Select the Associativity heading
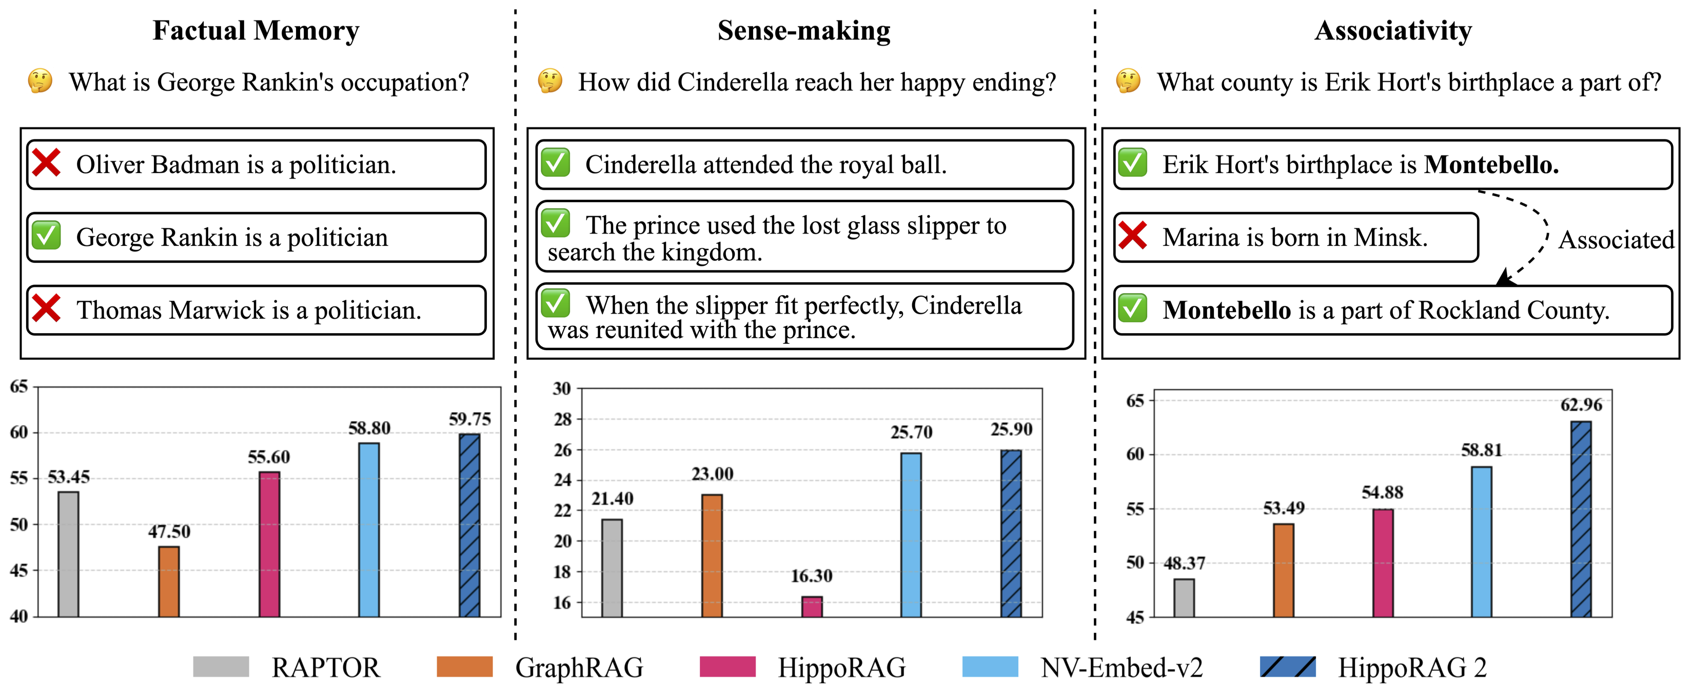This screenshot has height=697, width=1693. point(1393,30)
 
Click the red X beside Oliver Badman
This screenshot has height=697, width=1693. point(47,163)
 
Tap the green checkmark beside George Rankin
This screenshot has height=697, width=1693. point(47,236)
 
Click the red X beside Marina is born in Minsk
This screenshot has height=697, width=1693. point(1132,236)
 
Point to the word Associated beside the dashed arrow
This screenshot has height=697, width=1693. point(1616,240)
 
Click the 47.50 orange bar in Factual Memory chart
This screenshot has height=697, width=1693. point(169,582)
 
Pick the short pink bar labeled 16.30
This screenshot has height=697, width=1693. point(812,606)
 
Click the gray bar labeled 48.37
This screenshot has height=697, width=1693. point(1184,598)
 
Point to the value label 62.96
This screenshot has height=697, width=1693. point(1581,404)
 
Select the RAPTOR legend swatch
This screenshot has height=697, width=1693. point(221,667)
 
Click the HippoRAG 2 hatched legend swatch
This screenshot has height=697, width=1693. point(1288,667)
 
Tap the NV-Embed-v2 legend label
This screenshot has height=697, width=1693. point(1121,667)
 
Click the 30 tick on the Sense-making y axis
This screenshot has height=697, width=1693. point(562,389)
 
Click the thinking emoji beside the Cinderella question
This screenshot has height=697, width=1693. point(550,82)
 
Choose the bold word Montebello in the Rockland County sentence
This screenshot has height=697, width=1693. point(1226,309)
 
